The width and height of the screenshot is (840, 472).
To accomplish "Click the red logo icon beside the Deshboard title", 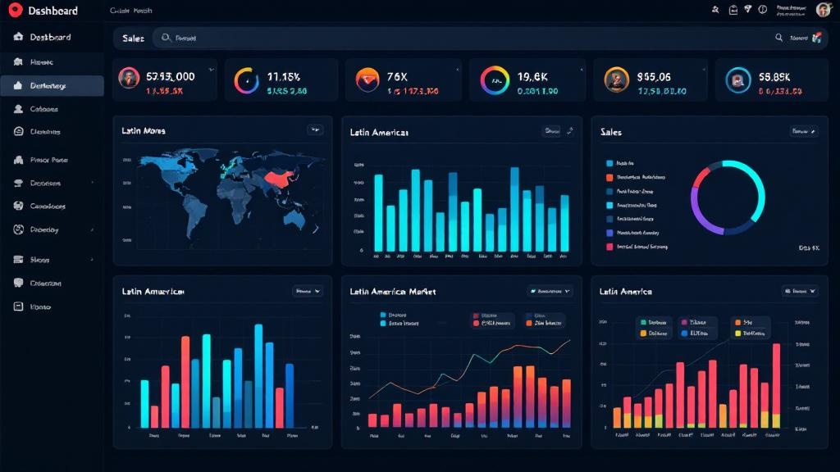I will coord(13,10).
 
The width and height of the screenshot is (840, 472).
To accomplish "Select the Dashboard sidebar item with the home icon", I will coord(50,38).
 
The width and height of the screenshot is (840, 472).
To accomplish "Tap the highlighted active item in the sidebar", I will coord(52,86).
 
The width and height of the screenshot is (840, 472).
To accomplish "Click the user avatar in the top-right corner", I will coord(823,10).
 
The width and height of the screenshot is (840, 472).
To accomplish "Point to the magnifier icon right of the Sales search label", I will coord(167,38).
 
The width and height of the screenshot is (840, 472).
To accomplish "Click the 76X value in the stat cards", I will coord(397,76).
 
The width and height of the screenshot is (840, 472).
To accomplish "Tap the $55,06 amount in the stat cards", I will coord(654,76).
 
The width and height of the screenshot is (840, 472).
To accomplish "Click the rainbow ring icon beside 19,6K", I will coord(495,79).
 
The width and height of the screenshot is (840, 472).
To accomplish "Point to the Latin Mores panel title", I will coord(144,130).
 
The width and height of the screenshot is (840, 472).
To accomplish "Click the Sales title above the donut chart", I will coord(611,131).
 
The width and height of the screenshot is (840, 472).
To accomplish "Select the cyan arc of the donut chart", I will coord(746,180).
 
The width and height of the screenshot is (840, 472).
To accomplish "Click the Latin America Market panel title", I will coord(393,291).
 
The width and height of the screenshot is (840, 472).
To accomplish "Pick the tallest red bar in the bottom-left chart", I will coord(185,381).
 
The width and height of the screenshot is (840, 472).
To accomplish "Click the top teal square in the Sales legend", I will coord(609,163).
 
